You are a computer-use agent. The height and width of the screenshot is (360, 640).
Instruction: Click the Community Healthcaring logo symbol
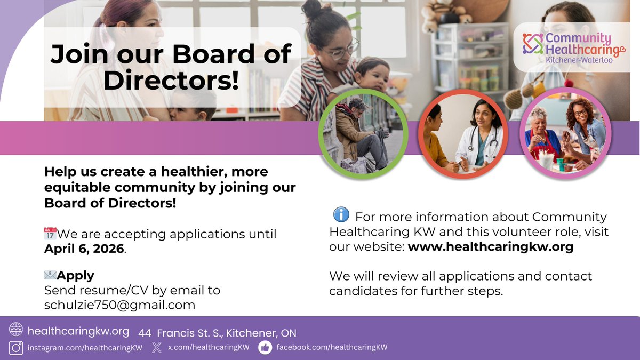point(533,44)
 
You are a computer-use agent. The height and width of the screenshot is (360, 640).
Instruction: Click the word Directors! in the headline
point(171,80)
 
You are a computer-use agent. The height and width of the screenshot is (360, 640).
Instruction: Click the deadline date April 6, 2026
point(84,249)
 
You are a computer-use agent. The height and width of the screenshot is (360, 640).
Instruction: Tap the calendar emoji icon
point(50,234)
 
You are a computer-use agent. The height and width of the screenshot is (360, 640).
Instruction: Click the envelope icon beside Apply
point(50,275)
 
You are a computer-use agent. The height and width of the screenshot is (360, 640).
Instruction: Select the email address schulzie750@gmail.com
point(119,305)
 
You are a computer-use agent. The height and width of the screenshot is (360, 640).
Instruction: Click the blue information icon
point(341,215)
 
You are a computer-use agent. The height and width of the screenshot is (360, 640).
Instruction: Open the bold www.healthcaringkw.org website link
point(490,247)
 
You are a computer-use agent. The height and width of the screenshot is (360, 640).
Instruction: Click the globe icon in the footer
point(16,330)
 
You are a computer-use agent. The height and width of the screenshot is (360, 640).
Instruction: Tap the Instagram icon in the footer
point(16,348)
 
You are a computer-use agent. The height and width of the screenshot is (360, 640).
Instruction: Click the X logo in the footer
point(156,348)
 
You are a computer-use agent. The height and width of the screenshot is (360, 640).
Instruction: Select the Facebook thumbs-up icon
point(265,348)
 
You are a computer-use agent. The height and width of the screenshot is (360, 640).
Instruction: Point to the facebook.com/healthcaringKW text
point(331,347)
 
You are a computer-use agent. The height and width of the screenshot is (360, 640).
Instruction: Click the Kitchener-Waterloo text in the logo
point(579,60)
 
